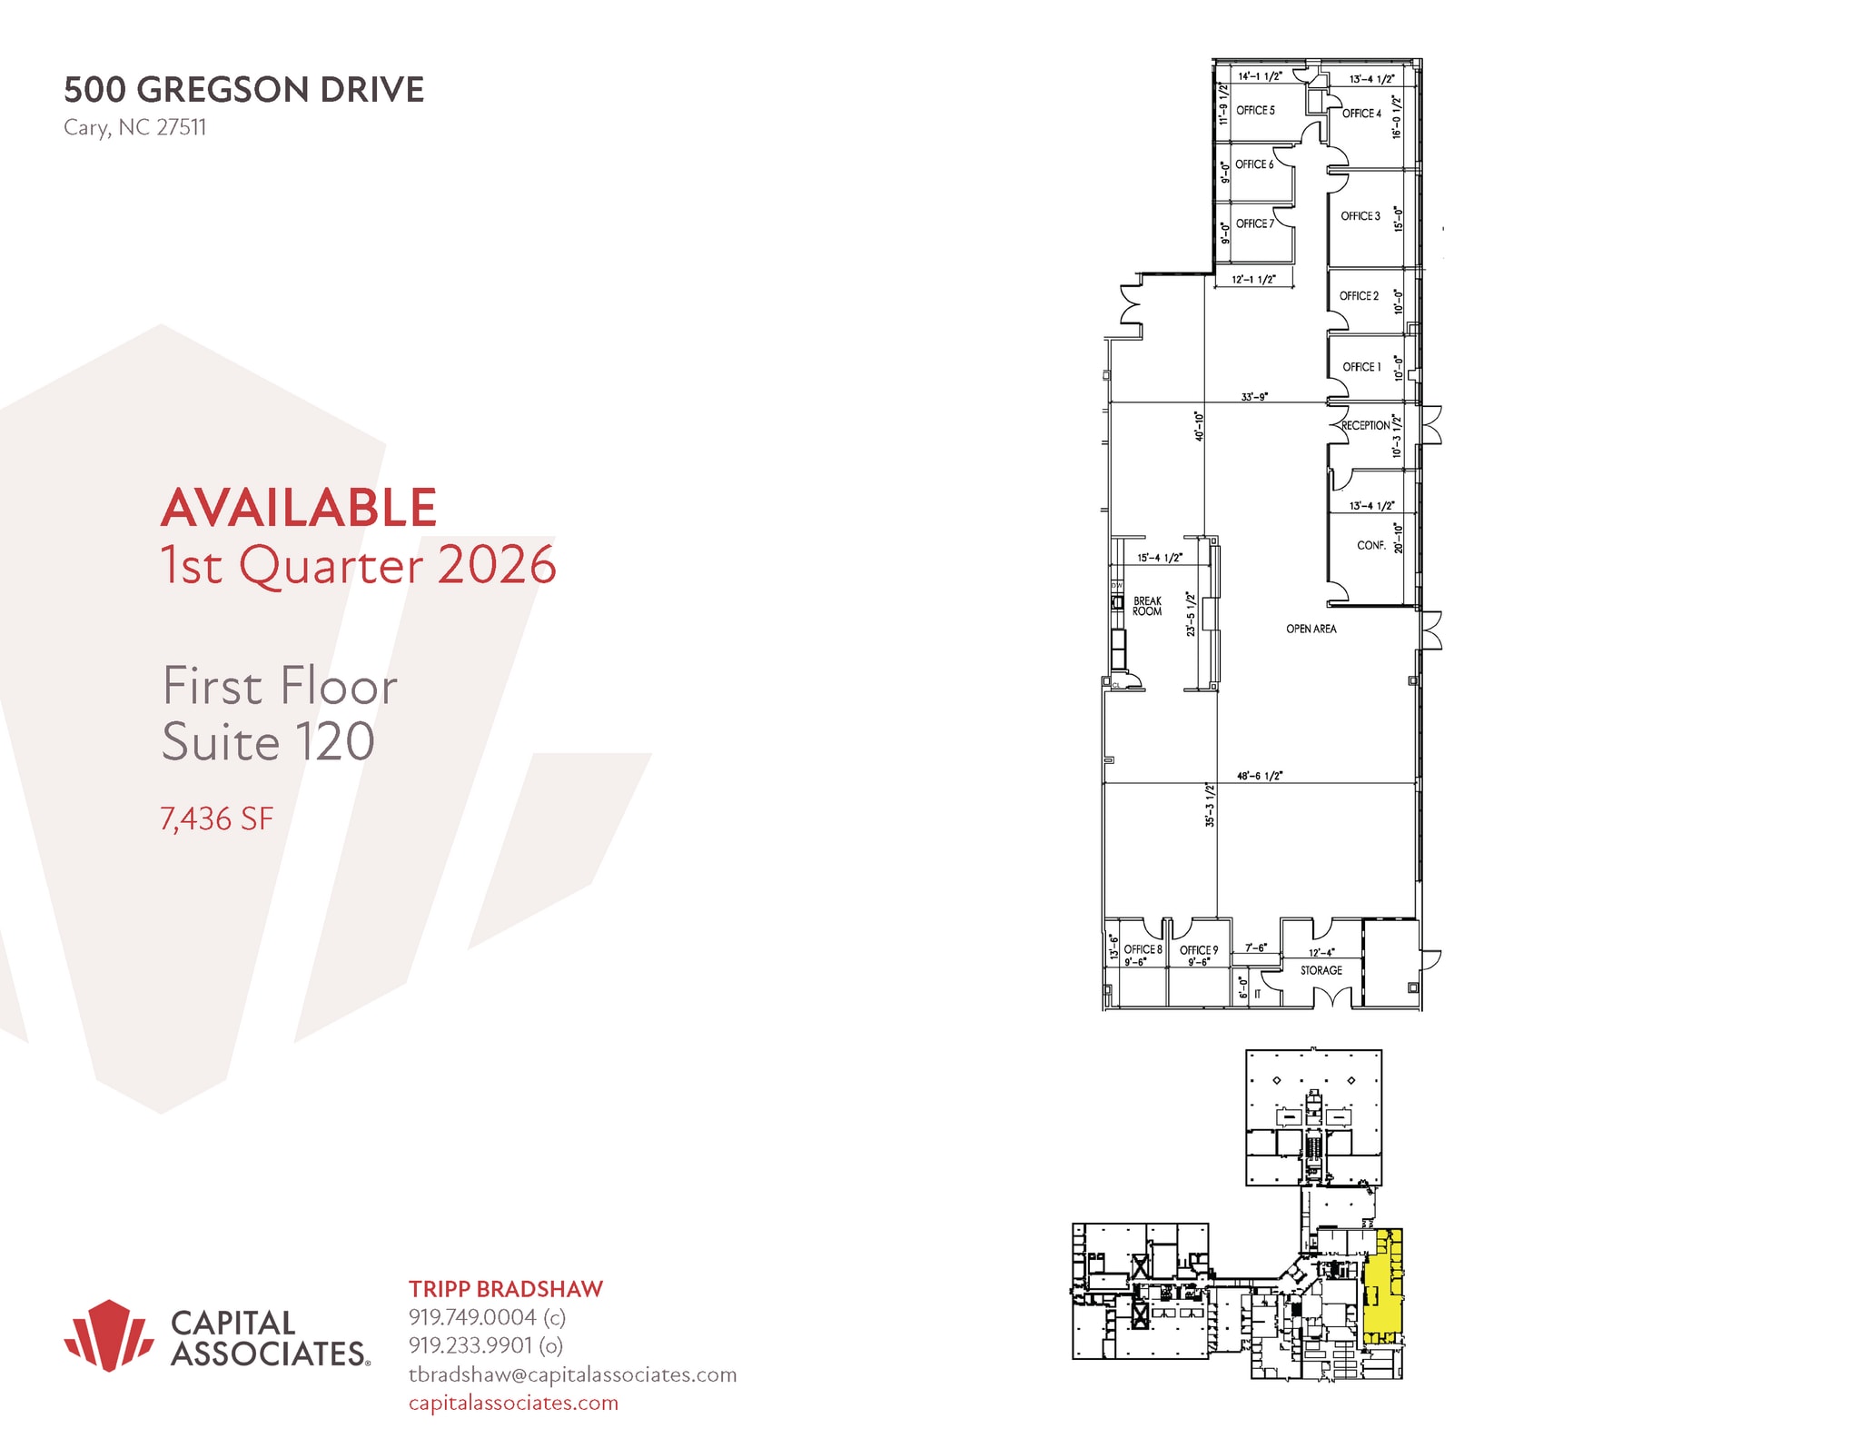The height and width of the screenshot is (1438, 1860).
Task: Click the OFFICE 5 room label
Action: click(1255, 111)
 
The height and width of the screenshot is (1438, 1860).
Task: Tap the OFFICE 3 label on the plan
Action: click(1360, 216)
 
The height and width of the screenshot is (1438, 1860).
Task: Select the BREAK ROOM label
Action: click(1147, 606)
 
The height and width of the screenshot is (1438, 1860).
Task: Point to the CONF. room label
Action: click(1370, 546)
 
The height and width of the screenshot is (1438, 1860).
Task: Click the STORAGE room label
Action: click(1321, 970)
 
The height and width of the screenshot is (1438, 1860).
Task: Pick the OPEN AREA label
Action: click(1311, 629)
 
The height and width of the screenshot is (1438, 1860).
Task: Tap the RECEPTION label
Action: click(1365, 425)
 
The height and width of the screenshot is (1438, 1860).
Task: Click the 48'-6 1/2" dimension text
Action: click(1260, 776)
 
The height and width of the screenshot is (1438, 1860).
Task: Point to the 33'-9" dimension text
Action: click(1254, 397)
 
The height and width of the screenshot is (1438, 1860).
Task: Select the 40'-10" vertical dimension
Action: click(1199, 426)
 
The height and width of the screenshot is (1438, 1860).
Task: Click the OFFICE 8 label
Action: click(1143, 949)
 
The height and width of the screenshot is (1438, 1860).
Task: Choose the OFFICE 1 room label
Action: click(1361, 367)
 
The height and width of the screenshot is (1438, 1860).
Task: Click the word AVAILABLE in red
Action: click(299, 507)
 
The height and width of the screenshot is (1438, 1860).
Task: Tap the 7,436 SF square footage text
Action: click(216, 818)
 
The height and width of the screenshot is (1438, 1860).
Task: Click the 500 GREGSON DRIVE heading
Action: click(243, 90)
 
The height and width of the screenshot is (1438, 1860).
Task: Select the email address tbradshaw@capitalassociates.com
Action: click(572, 1374)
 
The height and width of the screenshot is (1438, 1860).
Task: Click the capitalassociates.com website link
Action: click(513, 1403)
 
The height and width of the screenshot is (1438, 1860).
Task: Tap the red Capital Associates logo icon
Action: click(109, 1334)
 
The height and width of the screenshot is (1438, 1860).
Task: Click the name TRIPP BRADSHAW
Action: click(505, 1289)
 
